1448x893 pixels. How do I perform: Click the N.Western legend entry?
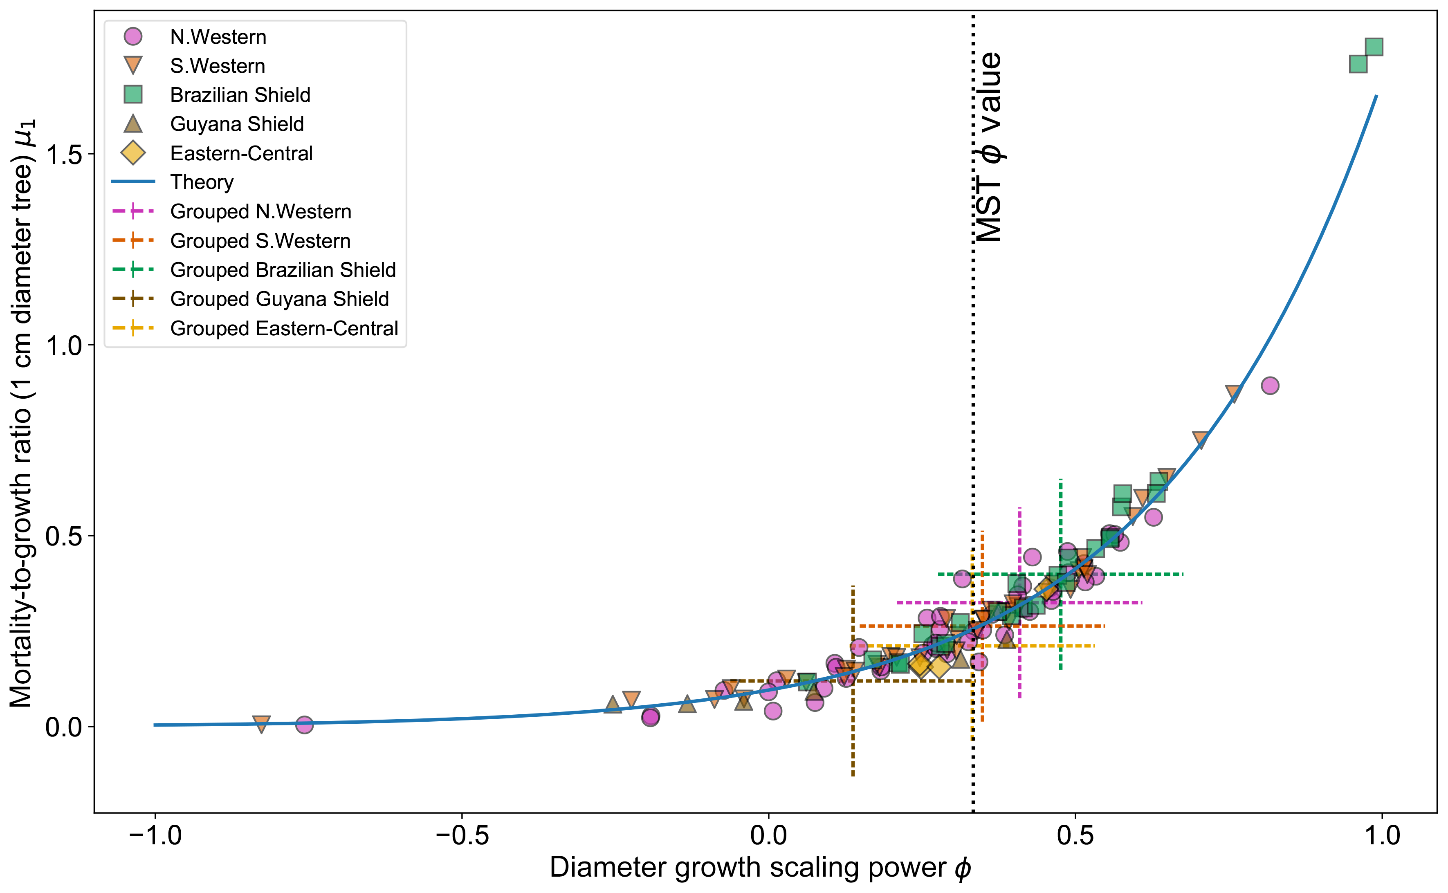pyautogui.click(x=218, y=37)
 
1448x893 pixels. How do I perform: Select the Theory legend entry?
pyautogui.click(x=201, y=182)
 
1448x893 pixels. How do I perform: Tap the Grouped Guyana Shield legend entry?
pyautogui.click(x=279, y=299)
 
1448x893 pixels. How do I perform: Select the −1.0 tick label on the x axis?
pyautogui.click(x=155, y=836)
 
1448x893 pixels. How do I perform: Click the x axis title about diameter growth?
pyautogui.click(x=760, y=868)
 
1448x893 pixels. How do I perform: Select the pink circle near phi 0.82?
pyautogui.click(x=1270, y=386)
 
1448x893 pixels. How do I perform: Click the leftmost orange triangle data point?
pyautogui.click(x=262, y=723)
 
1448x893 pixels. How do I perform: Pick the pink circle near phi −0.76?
pyautogui.click(x=304, y=725)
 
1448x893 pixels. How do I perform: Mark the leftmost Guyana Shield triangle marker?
pyautogui.click(x=613, y=705)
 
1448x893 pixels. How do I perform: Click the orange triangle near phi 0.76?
pyautogui.click(x=1233, y=393)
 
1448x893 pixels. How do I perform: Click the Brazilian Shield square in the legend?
pyautogui.click(x=133, y=94)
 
